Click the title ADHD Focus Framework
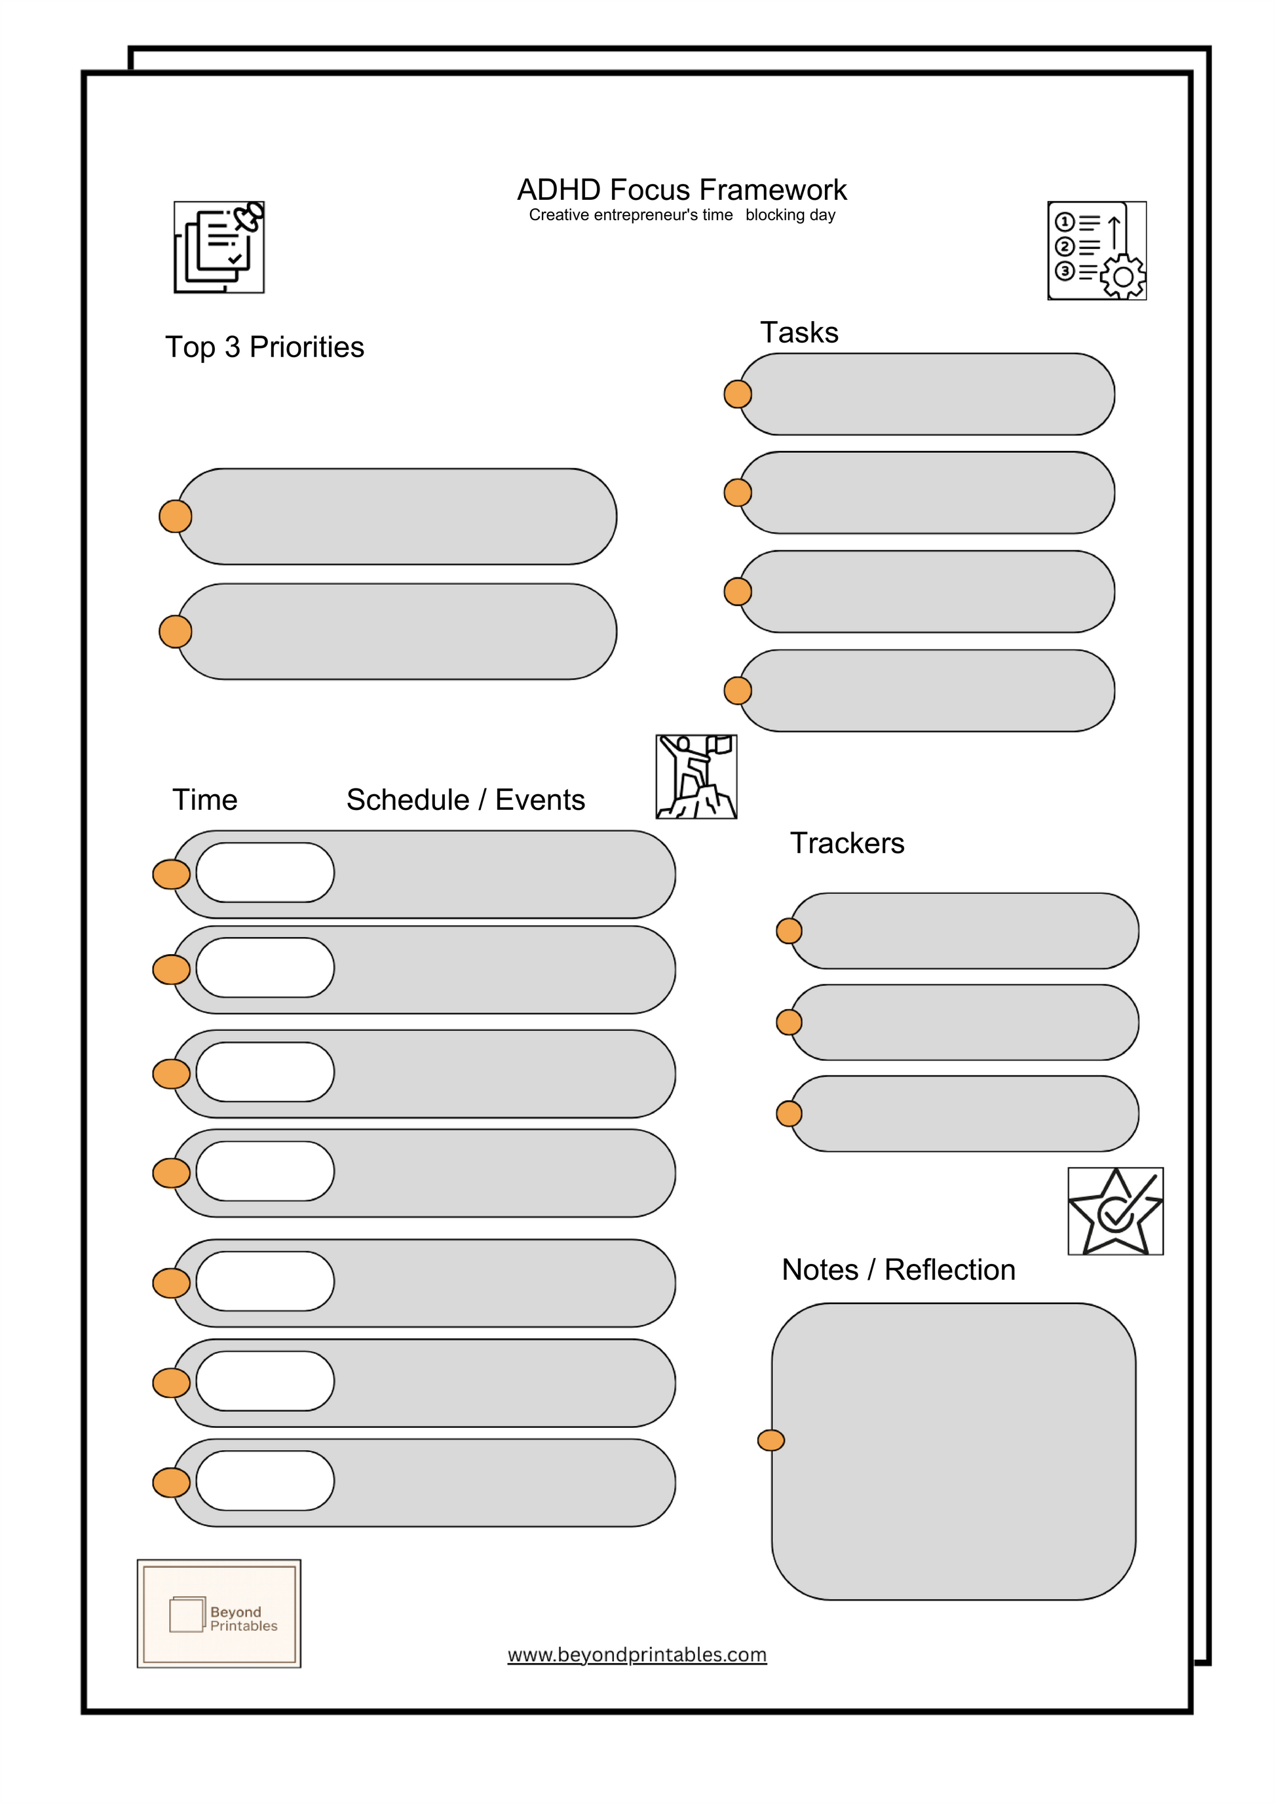(681, 190)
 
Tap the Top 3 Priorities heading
(264, 347)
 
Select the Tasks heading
(799, 332)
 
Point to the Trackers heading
(847, 843)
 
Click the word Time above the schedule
(204, 800)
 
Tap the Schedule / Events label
(465, 800)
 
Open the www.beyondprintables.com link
(636, 1654)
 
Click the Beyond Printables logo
(219, 1614)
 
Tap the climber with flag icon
(696, 777)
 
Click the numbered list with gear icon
(1097, 250)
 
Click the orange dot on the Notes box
(771, 1440)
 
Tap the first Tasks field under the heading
(927, 394)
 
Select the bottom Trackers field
(964, 1113)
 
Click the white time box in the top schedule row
(265, 873)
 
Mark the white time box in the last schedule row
(265, 1480)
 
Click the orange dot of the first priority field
(175, 516)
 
